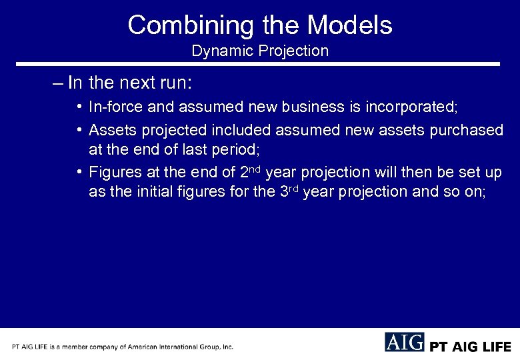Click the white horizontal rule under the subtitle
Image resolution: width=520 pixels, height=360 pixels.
[x=260, y=64]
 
